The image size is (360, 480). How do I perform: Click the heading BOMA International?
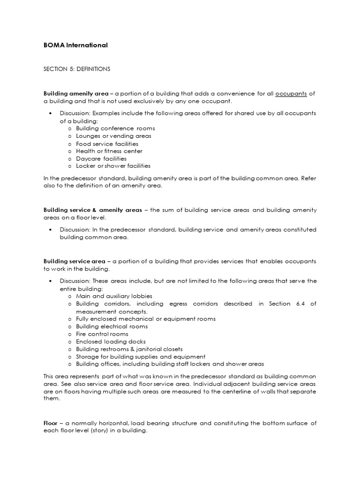pyautogui.click(x=75, y=45)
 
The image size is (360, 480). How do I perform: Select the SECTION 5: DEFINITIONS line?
pyautogui.click(x=76, y=69)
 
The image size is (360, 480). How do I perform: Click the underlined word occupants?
pyautogui.click(x=291, y=94)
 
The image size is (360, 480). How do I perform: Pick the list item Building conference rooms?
pyautogui.click(x=115, y=128)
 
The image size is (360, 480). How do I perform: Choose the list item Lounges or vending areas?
pyautogui.click(x=113, y=136)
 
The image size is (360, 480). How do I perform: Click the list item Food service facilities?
pyautogui.click(x=107, y=144)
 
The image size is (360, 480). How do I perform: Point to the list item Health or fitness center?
pyautogui.click(x=109, y=151)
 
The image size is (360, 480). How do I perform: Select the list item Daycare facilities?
pyautogui.click(x=101, y=159)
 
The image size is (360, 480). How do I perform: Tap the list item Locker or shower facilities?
pyautogui.click(x=113, y=166)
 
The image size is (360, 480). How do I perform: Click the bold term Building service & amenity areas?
pyautogui.click(x=92, y=210)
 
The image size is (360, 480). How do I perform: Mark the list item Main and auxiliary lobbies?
pyautogui.click(x=114, y=296)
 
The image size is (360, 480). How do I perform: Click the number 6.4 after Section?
pyautogui.click(x=301, y=304)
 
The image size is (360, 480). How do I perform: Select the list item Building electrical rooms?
pyautogui.click(x=112, y=326)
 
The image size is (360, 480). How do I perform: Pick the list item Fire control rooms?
pyautogui.click(x=102, y=334)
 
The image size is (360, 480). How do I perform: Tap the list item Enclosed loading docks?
pyautogui.click(x=111, y=342)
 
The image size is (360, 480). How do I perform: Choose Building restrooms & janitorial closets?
pyautogui.click(x=129, y=349)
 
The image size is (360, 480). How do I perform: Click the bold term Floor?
pyautogui.click(x=50, y=423)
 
